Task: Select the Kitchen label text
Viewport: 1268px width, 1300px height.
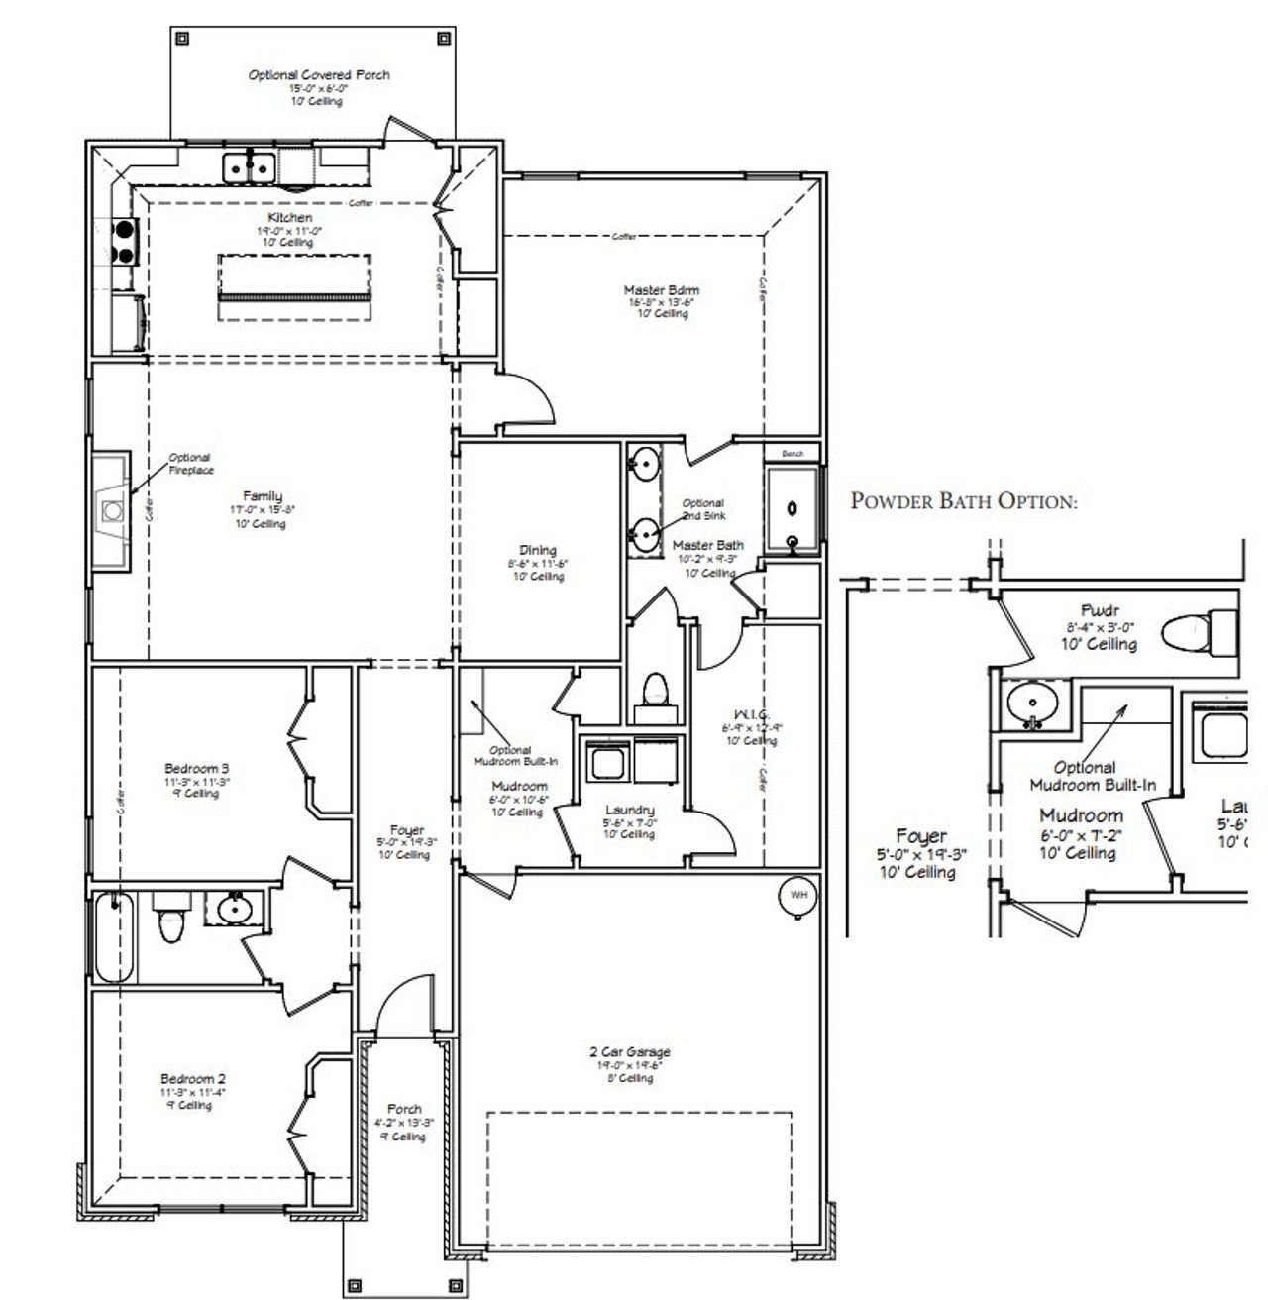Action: click(289, 217)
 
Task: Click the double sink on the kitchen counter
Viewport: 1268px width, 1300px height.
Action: click(249, 166)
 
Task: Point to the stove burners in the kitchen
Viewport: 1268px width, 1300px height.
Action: click(126, 241)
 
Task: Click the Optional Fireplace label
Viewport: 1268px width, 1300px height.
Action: click(189, 464)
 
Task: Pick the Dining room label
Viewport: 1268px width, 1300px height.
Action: click(538, 550)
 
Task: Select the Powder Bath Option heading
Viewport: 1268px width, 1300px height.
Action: click(963, 501)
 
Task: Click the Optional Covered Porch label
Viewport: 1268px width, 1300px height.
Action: click(319, 75)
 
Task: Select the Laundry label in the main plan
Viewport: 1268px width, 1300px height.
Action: click(629, 810)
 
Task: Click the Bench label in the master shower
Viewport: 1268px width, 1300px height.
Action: click(792, 454)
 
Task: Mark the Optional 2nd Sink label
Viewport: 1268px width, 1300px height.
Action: click(702, 509)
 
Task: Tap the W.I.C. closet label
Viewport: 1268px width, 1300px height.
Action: click(752, 714)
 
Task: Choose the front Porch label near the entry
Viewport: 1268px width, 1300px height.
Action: click(404, 1109)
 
